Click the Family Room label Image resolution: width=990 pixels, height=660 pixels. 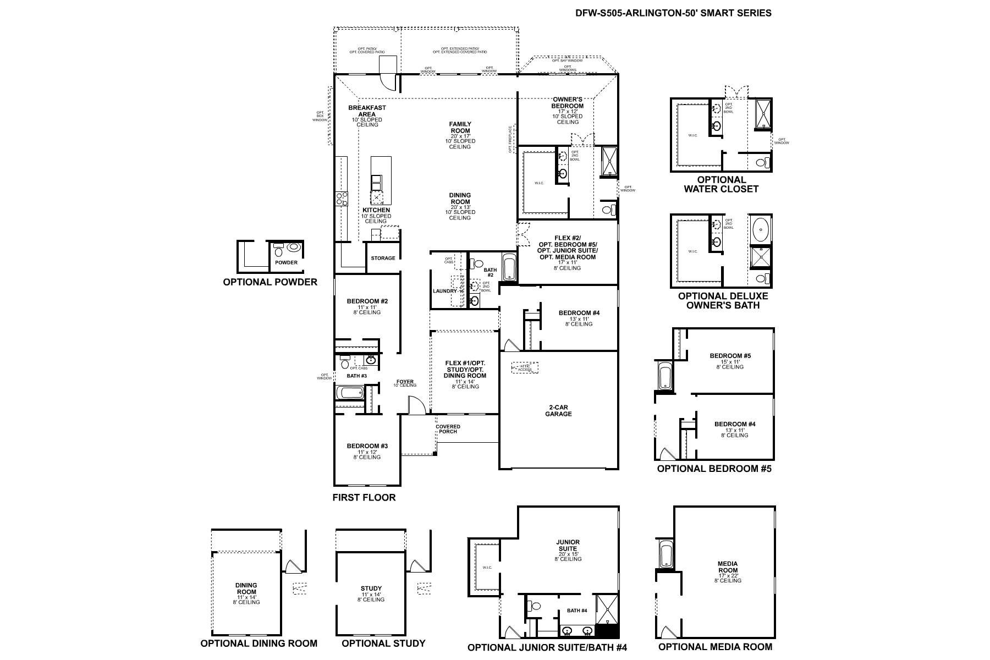(460, 128)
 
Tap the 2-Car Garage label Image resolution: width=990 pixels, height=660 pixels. (558, 410)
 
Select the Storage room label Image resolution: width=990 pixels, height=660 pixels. (383, 258)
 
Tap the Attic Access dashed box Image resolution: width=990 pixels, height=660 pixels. (525, 367)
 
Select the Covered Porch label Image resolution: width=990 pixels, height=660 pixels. (448, 429)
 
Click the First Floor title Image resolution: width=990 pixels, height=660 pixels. (364, 498)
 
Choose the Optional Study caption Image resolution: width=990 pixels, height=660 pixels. (383, 643)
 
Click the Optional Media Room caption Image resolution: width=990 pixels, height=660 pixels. (715, 647)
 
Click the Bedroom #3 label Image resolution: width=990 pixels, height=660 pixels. (367, 446)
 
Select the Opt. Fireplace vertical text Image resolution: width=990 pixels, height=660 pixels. (510, 139)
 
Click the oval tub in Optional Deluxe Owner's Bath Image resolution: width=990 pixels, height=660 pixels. (760, 228)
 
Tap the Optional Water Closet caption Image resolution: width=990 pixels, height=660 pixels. (721, 184)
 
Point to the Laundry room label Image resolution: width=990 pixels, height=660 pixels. (445, 291)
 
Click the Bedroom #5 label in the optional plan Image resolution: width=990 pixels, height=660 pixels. (730, 356)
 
